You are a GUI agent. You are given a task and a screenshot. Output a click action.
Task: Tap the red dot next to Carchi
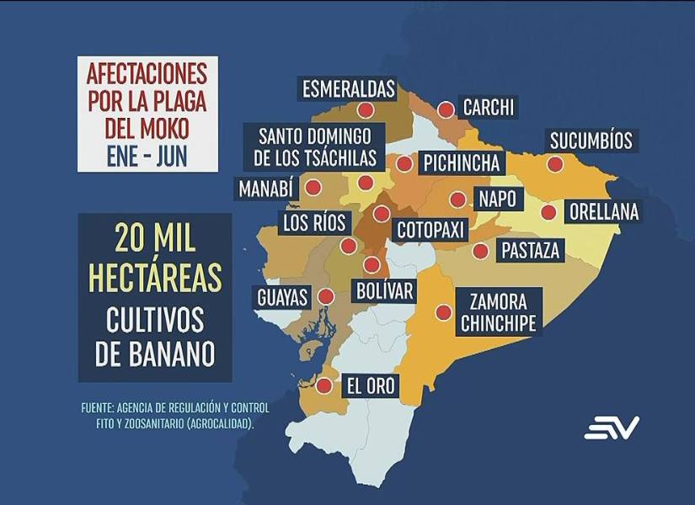pos(446,109)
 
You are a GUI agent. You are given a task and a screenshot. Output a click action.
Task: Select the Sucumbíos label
pos(591,140)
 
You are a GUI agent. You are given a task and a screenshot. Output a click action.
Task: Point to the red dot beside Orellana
pos(548,213)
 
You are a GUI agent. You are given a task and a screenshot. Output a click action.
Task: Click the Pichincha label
pos(462,162)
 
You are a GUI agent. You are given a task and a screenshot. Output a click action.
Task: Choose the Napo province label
pos(497,199)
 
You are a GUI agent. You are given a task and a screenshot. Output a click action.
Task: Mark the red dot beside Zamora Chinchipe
pos(442,312)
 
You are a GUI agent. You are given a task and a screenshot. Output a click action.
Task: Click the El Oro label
pos(371,386)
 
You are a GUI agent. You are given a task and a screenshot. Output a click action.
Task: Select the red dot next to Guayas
pos(325,296)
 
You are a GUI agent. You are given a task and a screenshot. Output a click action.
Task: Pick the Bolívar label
pos(385,292)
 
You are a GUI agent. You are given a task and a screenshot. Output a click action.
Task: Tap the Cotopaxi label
pos(428,229)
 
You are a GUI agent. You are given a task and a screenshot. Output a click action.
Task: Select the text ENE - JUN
pos(147,155)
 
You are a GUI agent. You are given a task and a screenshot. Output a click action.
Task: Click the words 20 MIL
pos(155,239)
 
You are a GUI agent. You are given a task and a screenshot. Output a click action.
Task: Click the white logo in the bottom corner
pos(612,427)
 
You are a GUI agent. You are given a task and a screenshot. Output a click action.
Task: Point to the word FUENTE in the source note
pos(99,407)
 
